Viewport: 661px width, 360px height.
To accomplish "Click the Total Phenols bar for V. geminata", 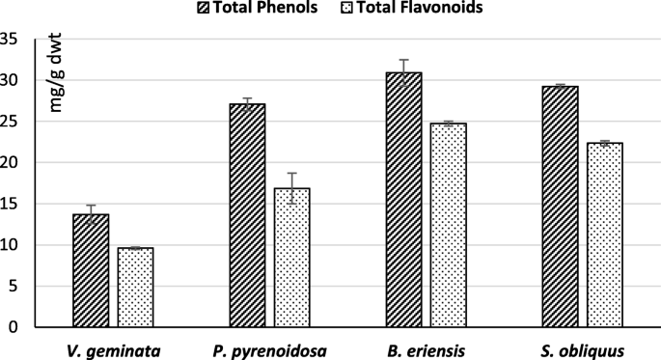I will click(92, 271).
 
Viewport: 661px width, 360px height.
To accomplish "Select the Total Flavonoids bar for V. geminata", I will click(136, 288).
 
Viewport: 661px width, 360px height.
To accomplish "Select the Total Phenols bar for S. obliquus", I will click(560, 207).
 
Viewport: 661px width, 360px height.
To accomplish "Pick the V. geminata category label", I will click(114, 349).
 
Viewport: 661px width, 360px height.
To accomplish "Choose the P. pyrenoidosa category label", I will click(269, 349).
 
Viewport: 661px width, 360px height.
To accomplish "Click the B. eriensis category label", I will click(425, 349).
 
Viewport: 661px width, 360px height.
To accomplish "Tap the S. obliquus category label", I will click(581, 349).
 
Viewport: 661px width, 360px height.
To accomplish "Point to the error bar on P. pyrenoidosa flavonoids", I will click(291, 187).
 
